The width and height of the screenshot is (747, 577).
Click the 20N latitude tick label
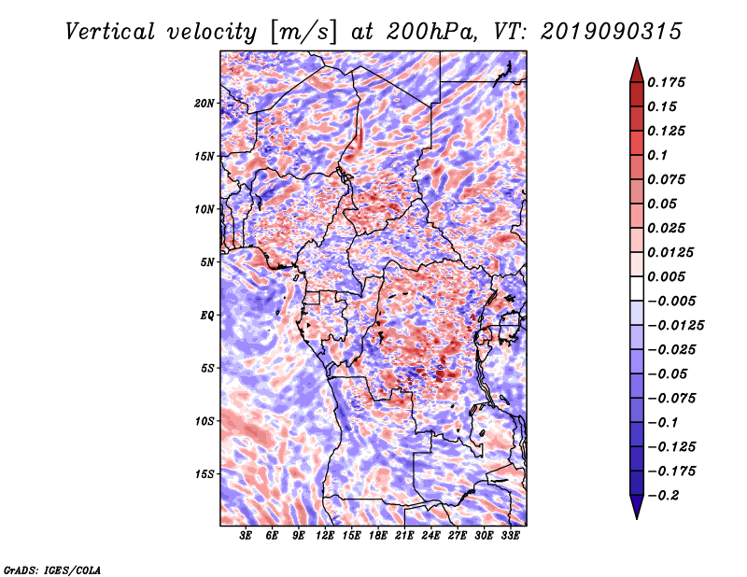[x=204, y=104]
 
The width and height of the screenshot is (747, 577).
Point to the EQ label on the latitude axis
[x=207, y=316]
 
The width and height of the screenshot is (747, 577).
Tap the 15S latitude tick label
[x=204, y=474]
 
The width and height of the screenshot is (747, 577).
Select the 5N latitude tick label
[x=207, y=262]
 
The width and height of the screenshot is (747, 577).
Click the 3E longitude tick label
[x=246, y=536]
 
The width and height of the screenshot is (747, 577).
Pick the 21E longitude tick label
[x=404, y=536]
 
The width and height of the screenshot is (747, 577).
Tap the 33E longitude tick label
[x=510, y=536]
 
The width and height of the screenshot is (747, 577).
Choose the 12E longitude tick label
[x=324, y=536]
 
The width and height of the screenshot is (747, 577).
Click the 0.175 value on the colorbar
[x=666, y=82]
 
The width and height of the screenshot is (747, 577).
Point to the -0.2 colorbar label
[x=663, y=496]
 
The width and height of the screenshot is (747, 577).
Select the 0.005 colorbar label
[x=666, y=276]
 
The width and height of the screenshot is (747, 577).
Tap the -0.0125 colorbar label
[x=675, y=326]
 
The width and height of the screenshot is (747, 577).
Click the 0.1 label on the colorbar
[x=657, y=155]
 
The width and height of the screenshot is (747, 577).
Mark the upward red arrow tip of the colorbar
[x=637, y=59]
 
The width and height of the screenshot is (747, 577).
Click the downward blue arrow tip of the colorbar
[x=637, y=518]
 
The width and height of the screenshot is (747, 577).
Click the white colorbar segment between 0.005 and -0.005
[x=637, y=288]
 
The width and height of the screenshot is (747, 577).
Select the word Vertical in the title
[x=110, y=32]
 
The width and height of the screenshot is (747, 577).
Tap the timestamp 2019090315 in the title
[x=612, y=32]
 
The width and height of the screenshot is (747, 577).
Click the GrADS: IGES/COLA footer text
[x=52, y=570]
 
